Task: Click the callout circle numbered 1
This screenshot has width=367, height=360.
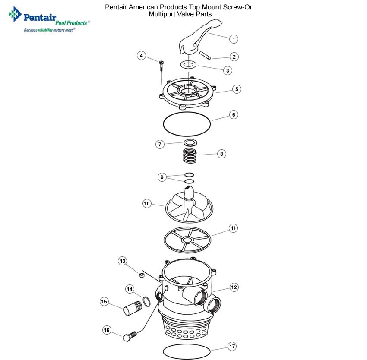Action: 233,39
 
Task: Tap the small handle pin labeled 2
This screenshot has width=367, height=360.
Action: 205,56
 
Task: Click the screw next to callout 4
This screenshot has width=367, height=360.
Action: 161,65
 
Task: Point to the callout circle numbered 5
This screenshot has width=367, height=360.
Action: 236,89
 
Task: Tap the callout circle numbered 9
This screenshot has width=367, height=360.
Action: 162,177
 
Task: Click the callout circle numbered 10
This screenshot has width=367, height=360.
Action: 147,203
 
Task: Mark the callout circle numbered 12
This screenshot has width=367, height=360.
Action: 234,287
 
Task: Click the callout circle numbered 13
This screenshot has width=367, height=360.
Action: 123,261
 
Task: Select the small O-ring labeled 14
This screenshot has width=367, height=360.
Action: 147,301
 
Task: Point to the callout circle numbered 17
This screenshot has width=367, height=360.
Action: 232,347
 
